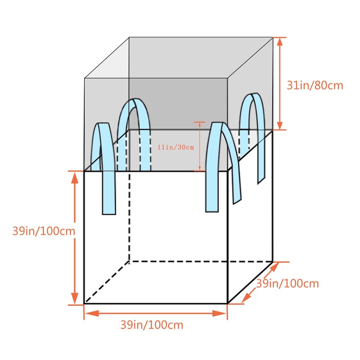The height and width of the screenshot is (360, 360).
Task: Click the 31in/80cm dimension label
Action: [x=315, y=85]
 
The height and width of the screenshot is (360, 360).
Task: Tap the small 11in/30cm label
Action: [x=175, y=147]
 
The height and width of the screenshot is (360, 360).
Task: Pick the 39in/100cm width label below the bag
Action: [x=152, y=324]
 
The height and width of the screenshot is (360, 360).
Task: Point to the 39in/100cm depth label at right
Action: [x=288, y=283]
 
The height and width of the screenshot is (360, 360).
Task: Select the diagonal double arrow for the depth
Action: [x=260, y=283]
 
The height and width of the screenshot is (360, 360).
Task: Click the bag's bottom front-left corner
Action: [x=84, y=304]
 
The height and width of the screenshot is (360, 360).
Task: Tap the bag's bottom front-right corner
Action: [x=227, y=304]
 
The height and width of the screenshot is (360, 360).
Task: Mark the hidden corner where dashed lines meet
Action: [x=129, y=261]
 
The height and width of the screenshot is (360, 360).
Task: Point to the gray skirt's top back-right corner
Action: [x=273, y=37]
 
